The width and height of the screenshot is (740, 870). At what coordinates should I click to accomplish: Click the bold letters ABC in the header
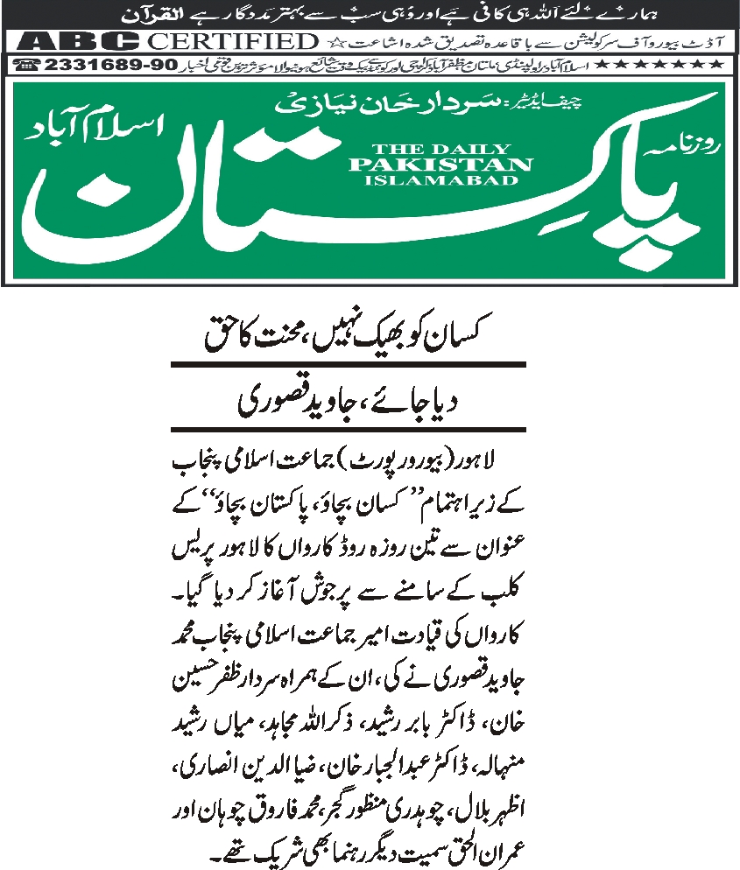click(x=79, y=41)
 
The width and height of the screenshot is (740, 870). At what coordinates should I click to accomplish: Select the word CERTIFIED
click(x=231, y=41)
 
